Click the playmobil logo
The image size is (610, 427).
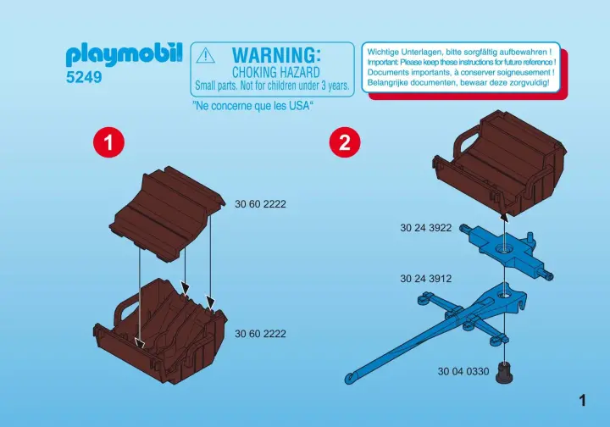[124, 55]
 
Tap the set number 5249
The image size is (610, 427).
[84, 77]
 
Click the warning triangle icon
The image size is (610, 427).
[205, 56]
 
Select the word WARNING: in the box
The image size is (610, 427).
[276, 55]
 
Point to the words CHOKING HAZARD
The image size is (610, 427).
[276, 72]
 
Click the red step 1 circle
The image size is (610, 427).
[109, 142]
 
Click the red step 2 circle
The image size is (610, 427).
[345, 142]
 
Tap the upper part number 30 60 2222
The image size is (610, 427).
[260, 204]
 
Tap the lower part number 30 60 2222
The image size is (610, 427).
[260, 334]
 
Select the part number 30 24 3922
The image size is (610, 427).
[426, 228]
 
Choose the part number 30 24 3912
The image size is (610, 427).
[426, 279]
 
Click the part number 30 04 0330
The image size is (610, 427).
[463, 371]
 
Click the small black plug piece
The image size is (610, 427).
[504, 373]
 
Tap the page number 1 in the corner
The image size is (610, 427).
[582, 400]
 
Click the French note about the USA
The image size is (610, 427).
[253, 105]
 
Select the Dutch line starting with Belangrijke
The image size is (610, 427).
[458, 82]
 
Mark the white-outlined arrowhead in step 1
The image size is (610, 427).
[139, 342]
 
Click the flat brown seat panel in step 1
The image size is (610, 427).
[167, 213]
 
